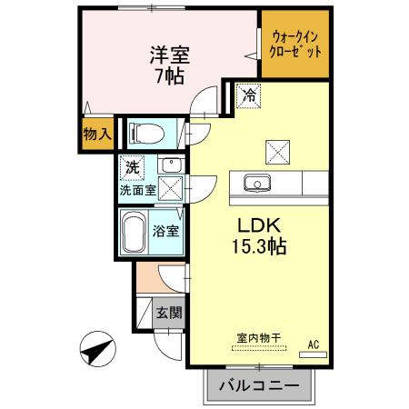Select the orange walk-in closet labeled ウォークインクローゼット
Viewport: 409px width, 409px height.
[x=296, y=44]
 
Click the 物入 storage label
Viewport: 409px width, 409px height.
[x=96, y=134]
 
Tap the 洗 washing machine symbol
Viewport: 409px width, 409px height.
[x=133, y=168]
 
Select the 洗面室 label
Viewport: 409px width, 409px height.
[x=137, y=192]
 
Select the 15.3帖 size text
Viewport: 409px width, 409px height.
[x=256, y=246]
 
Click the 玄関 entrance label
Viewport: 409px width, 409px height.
[x=169, y=314]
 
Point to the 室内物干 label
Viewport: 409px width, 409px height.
[x=258, y=338]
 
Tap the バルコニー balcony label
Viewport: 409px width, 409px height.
[x=258, y=386]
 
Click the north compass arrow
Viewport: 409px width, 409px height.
[x=97, y=349]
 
